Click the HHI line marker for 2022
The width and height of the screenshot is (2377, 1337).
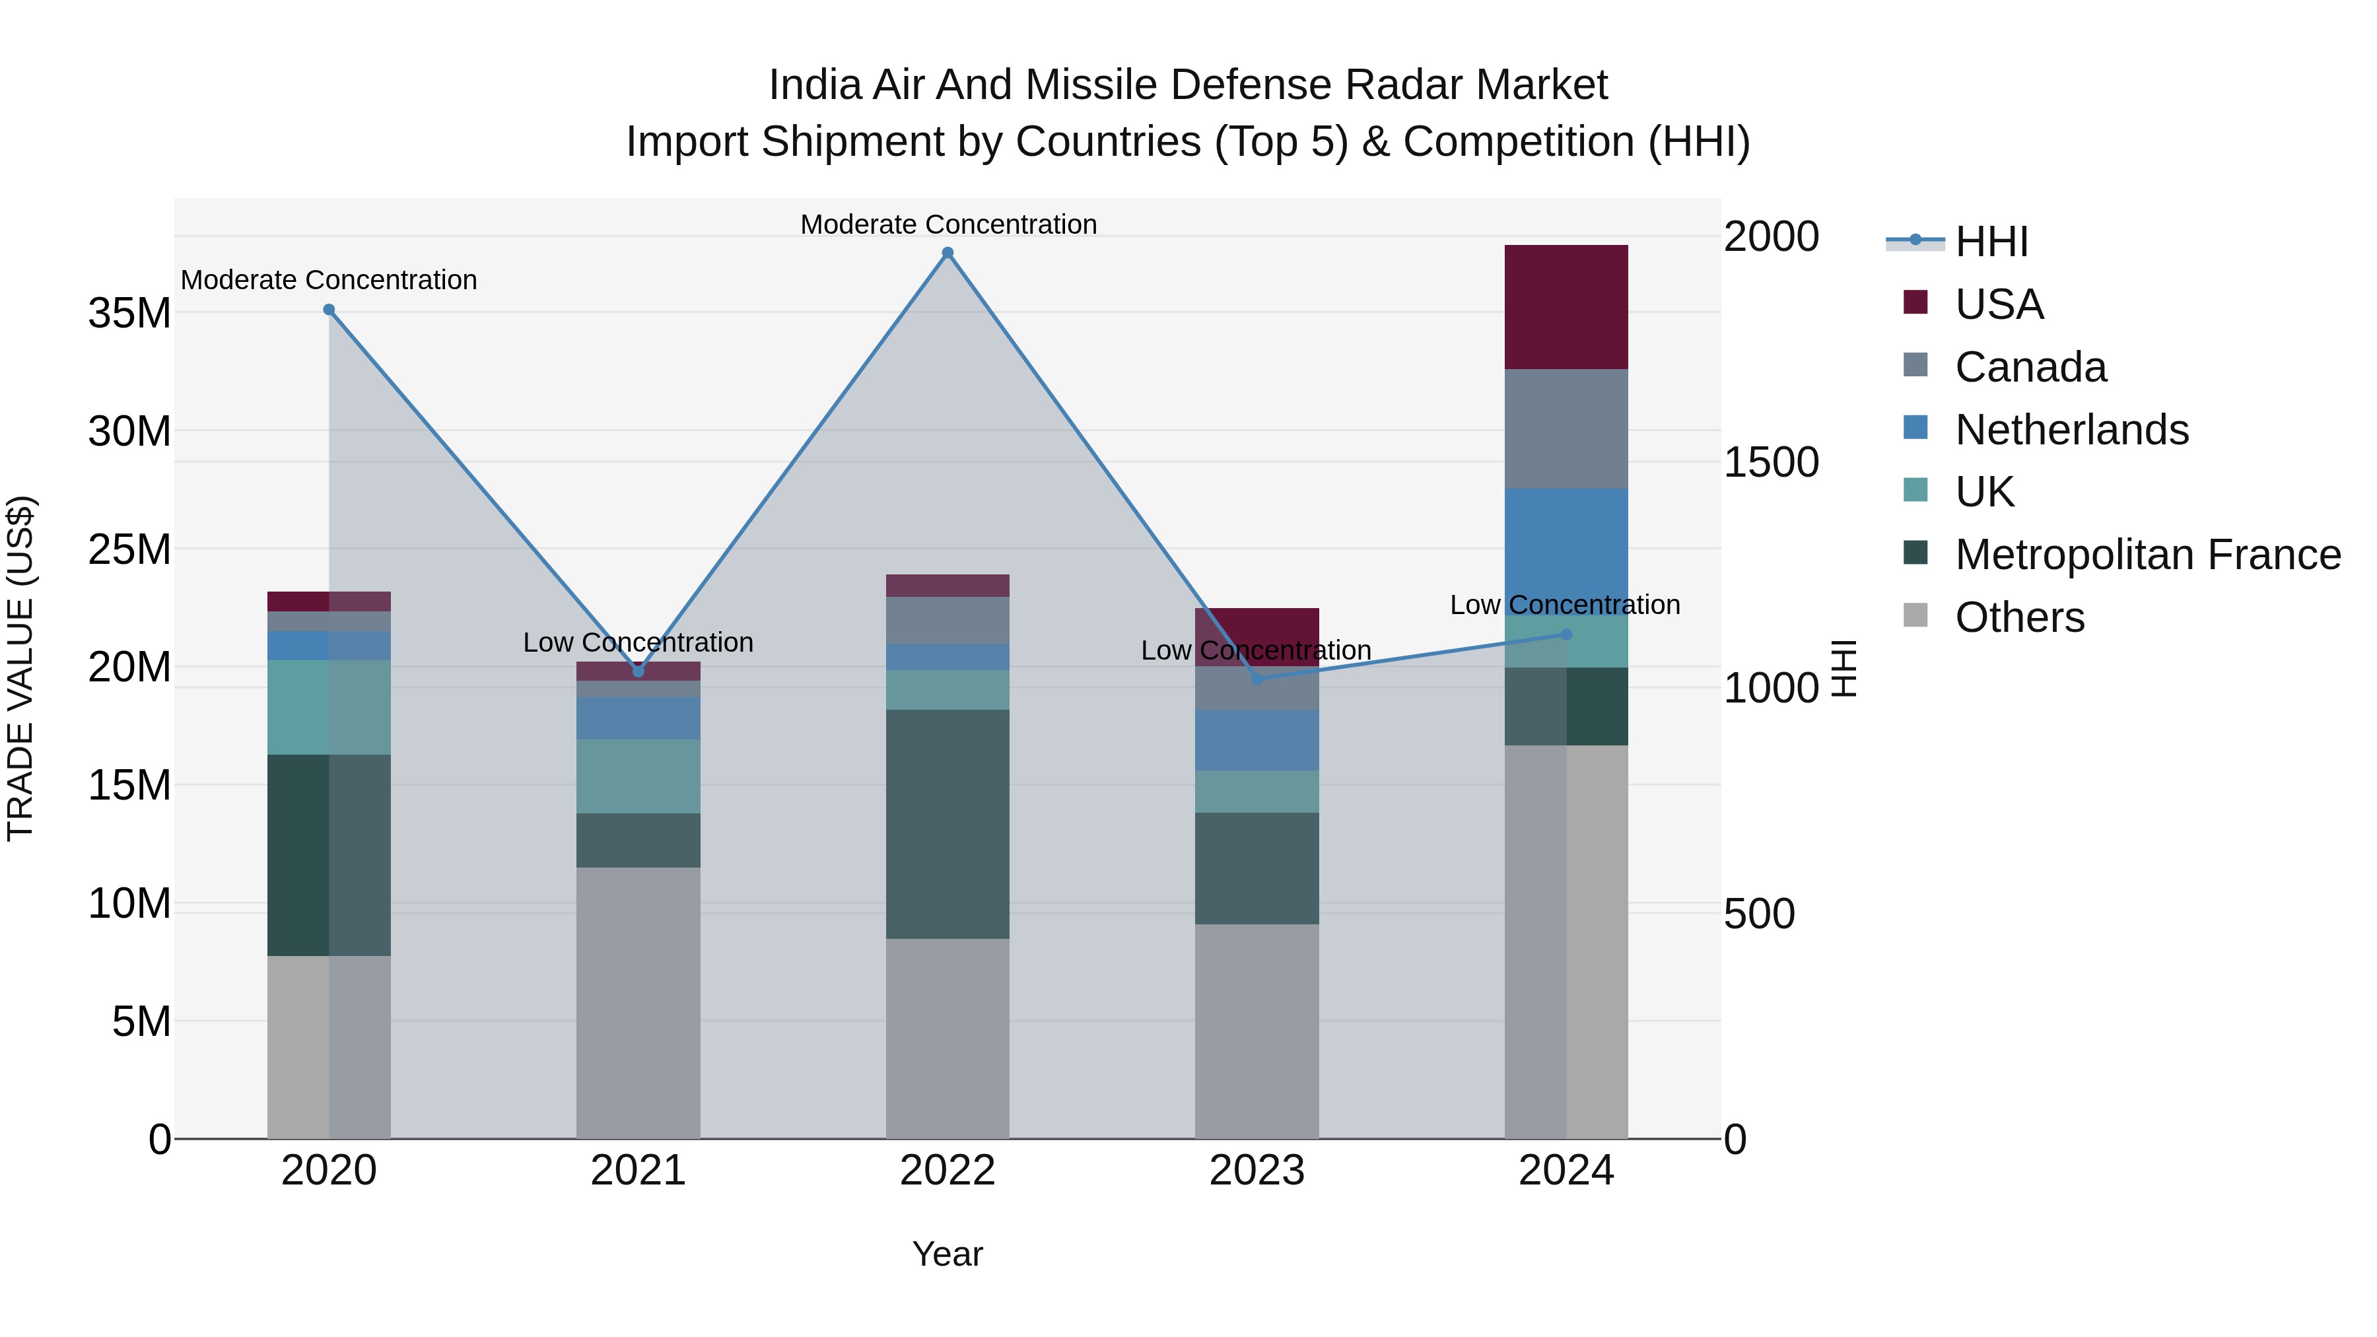(x=947, y=253)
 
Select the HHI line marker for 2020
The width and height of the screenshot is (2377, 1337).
(x=329, y=310)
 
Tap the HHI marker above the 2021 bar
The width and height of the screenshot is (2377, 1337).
(x=638, y=671)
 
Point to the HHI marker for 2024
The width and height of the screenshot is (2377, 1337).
(x=1566, y=634)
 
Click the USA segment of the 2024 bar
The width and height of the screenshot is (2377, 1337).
(x=1566, y=307)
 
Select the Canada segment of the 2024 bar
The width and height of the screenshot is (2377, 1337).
(x=1566, y=429)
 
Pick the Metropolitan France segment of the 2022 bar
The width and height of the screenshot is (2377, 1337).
(x=947, y=824)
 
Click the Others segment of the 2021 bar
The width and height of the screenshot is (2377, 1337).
(x=638, y=1002)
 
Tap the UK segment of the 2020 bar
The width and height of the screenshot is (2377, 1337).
(x=329, y=708)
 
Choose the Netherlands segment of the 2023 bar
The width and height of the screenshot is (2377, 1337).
(x=1256, y=740)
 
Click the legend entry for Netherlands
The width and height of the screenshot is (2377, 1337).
(x=2071, y=430)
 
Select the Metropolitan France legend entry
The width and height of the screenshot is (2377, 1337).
(x=2147, y=555)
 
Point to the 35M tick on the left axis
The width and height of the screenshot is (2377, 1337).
(x=129, y=314)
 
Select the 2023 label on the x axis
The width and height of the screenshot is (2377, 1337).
(x=1256, y=1171)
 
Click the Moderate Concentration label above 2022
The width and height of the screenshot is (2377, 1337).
(x=947, y=224)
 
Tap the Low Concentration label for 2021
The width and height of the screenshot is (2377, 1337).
(x=638, y=642)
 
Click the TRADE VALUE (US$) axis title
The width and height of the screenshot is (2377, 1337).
(x=20, y=668)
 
